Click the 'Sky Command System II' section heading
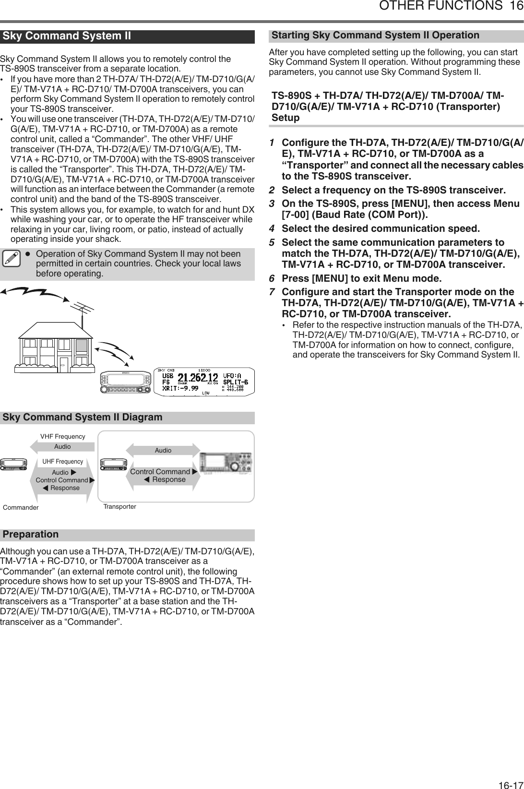(x=67, y=36)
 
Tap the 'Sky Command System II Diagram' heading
(x=83, y=417)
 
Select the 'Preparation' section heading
(x=31, y=534)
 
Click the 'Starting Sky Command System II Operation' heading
(x=375, y=35)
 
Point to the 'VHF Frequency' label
(x=62, y=436)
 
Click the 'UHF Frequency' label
(x=62, y=462)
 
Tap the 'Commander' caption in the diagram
(x=21, y=507)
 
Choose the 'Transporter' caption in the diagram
(x=120, y=506)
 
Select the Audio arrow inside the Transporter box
(x=163, y=450)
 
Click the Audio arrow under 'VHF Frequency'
(x=62, y=446)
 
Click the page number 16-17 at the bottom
(x=510, y=782)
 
